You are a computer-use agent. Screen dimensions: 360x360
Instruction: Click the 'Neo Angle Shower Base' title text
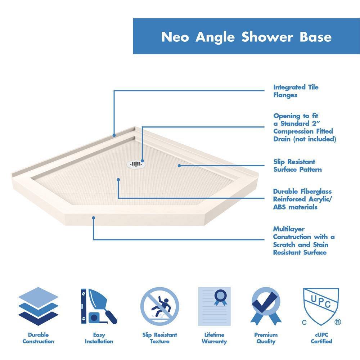[x=246, y=37]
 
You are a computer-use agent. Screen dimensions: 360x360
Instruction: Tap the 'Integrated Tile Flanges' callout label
[x=296, y=91]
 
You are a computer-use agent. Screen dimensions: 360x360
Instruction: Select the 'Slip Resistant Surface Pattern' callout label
[x=297, y=166]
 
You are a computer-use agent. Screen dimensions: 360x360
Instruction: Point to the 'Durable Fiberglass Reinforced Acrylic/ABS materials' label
[x=302, y=199]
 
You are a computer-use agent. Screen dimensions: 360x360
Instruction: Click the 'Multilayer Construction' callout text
[x=303, y=240]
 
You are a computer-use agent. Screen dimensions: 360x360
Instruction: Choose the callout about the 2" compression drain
[x=304, y=127]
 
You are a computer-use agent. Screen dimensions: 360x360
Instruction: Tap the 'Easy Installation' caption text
[x=99, y=338]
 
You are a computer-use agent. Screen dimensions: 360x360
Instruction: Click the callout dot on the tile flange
[x=114, y=136]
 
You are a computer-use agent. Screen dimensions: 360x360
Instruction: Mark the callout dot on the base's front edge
[x=94, y=217]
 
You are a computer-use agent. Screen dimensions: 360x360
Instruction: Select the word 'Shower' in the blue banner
[x=266, y=37]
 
